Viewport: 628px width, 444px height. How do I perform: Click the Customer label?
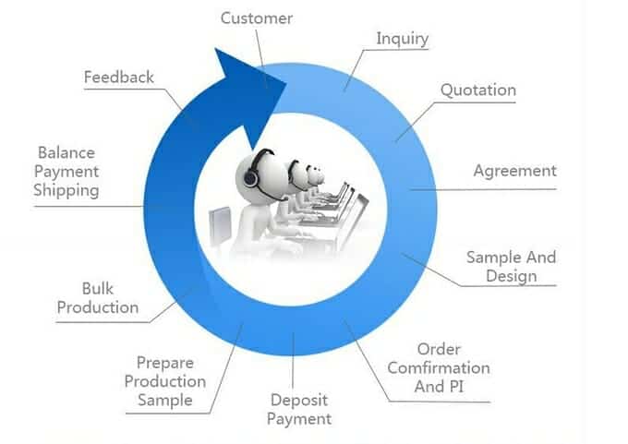(256, 18)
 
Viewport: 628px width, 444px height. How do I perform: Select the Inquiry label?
(402, 39)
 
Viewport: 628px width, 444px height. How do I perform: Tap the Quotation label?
(477, 90)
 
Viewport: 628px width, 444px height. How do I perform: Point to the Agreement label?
(514, 171)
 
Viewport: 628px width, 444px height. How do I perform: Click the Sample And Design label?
(511, 267)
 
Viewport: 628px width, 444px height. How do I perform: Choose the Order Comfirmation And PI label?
(439, 367)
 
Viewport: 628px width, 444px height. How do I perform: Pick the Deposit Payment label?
(298, 409)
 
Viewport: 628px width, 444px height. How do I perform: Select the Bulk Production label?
(97, 298)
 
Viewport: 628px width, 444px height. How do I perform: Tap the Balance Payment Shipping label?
(66, 171)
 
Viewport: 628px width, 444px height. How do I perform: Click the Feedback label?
(118, 78)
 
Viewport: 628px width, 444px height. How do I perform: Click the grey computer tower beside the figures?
(219, 227)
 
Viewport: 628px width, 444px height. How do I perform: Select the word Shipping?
(66, 191)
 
